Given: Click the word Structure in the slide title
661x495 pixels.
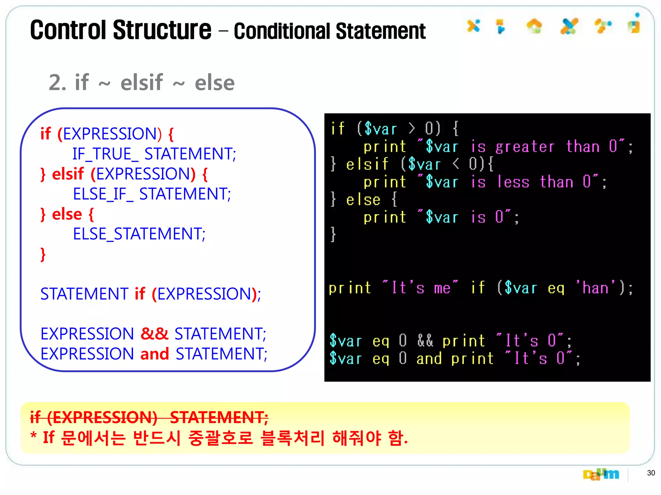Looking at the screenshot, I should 162,30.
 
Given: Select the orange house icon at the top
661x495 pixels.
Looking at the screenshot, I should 534,26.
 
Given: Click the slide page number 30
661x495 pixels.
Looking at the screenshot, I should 651,473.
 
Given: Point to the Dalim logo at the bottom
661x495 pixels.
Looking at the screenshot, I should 601,474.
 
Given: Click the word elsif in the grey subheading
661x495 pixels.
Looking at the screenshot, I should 142,82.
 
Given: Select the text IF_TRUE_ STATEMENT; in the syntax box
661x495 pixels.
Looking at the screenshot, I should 154,154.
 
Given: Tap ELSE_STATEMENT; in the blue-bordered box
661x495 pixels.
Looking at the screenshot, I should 139,234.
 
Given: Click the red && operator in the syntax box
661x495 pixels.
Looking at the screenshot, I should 155,334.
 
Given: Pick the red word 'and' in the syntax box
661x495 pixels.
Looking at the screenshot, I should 155,354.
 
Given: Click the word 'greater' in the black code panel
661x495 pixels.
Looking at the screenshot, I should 525,147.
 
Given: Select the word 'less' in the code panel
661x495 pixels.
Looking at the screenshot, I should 513,182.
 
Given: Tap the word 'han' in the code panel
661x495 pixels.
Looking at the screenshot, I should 595,288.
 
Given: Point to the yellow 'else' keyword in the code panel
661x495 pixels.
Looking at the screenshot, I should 363,200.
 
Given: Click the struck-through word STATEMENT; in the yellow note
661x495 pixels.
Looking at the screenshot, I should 219,417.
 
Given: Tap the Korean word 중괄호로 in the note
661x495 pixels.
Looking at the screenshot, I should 220,438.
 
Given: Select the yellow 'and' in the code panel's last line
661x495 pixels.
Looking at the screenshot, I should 429,359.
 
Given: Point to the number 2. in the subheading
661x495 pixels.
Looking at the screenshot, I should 58,82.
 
